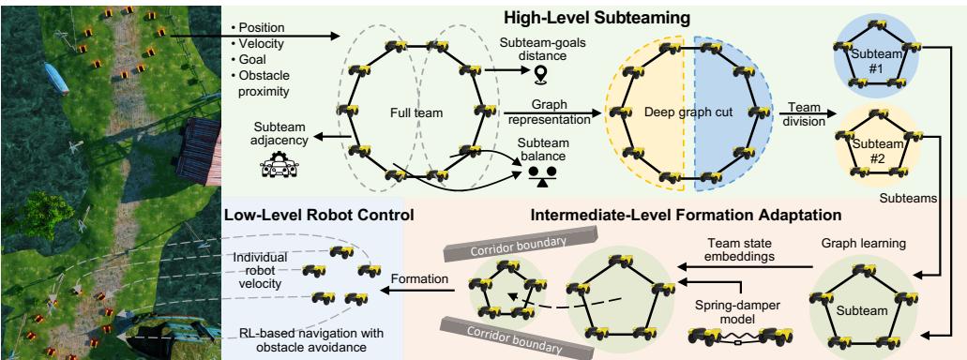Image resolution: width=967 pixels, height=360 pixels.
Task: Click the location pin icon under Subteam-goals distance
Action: [x=539, y=75]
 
